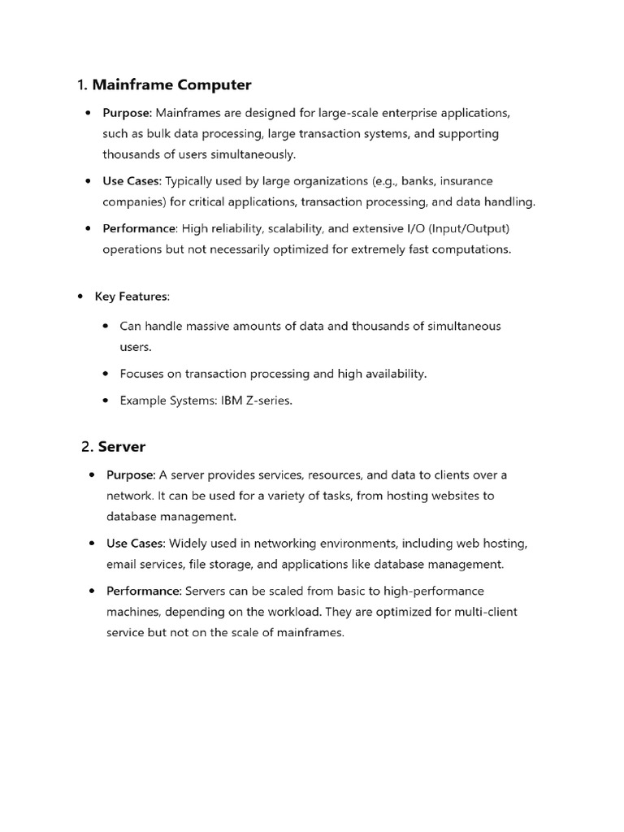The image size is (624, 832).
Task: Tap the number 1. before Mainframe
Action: [82, 85]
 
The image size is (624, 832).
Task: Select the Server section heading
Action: [122, 446]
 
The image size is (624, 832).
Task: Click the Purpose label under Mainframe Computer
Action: [128, 112]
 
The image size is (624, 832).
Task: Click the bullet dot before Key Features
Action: [80, 297]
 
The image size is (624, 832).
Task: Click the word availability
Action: [392, 374]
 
